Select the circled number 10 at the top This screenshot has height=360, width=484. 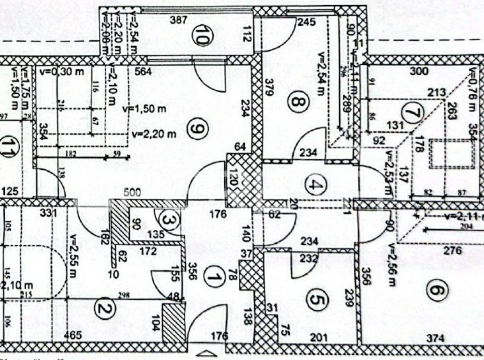click(x=204, y=37)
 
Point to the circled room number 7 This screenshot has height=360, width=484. click(x=414, y=113)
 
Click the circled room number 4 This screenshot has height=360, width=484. click(x=317, y=186)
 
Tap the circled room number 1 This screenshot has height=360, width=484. click(x=215, y=278)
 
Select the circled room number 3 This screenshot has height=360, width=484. click(x=167, y=220)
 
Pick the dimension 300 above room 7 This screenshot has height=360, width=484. click(x=419, y=71)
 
